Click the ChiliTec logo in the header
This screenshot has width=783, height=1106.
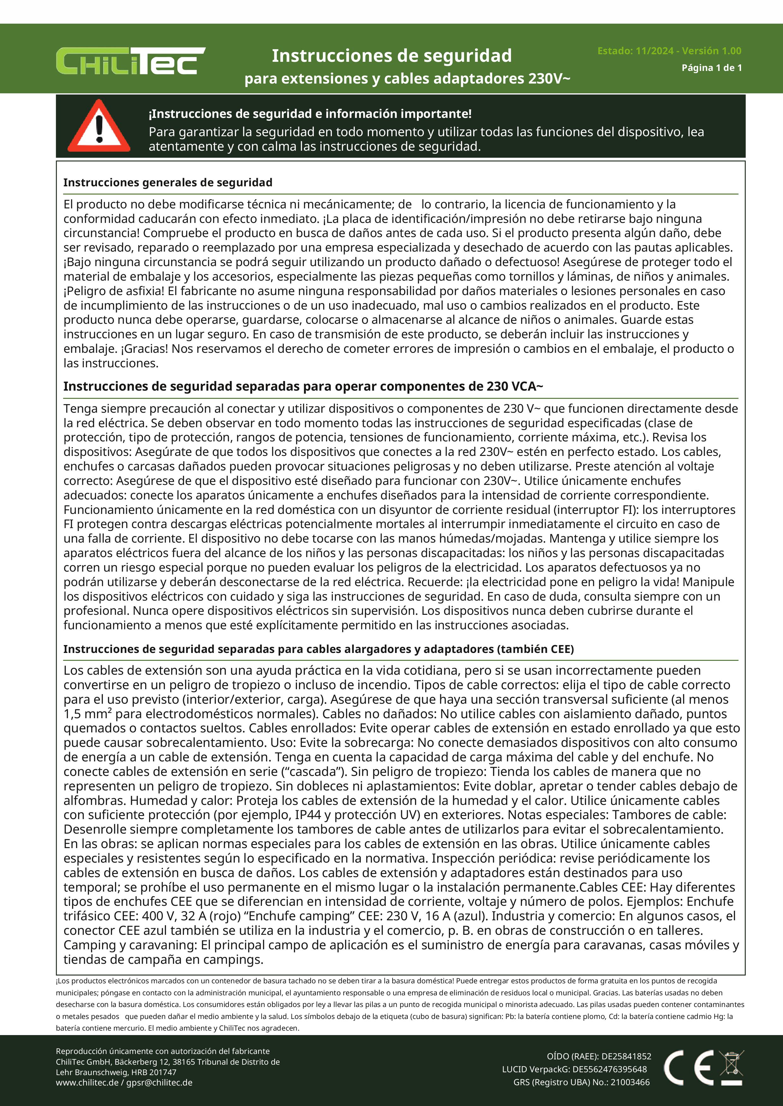coord(130,61)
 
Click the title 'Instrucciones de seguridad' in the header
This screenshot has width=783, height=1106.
coord(391,56)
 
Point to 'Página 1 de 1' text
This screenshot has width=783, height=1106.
coord(711,68)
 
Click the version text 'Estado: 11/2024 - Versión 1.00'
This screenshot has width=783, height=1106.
coord(669,50)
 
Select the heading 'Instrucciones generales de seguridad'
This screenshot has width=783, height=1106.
coord(168,183)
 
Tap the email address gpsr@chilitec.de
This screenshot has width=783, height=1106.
coord(159,1082)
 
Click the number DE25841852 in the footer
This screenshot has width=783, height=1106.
coord(626,1057)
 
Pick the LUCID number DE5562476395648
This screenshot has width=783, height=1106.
coord(609,1069)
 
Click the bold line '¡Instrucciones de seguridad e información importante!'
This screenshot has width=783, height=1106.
coord(310,114)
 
